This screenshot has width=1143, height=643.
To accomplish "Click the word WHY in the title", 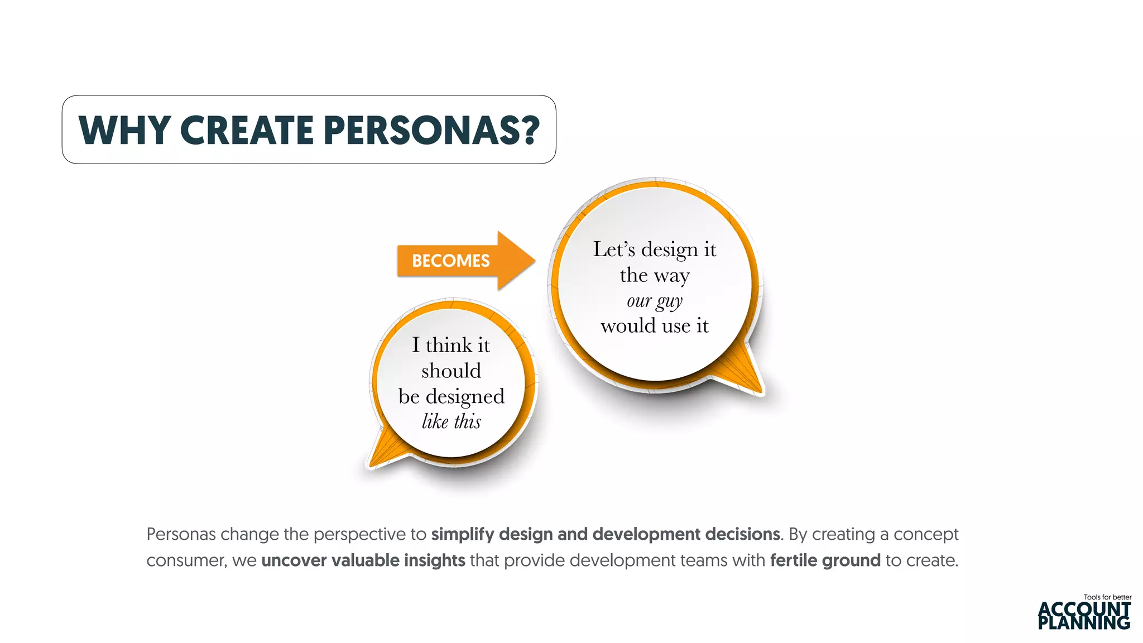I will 124,130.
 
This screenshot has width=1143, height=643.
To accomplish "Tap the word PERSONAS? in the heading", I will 431,130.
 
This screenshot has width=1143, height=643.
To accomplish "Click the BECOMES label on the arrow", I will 450,261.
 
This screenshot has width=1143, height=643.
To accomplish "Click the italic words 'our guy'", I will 654,301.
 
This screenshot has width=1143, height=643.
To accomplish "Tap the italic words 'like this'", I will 451,421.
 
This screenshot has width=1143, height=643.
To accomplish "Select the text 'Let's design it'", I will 654,249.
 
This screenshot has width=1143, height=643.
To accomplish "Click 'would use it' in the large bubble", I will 654,325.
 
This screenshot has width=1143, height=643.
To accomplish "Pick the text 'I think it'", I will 451,345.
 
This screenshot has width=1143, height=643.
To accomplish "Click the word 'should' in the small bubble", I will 451,371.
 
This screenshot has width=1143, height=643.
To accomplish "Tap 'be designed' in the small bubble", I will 451,396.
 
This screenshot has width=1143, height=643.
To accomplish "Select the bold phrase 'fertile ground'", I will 825,560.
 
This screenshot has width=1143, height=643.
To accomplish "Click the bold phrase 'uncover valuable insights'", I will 363,560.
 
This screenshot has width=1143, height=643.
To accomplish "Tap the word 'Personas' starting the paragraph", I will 181,534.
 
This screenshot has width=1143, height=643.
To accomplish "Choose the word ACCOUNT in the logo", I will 1084,609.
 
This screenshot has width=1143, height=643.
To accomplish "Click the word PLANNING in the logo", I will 1084,622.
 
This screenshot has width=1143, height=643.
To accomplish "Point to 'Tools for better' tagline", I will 1107,597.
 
